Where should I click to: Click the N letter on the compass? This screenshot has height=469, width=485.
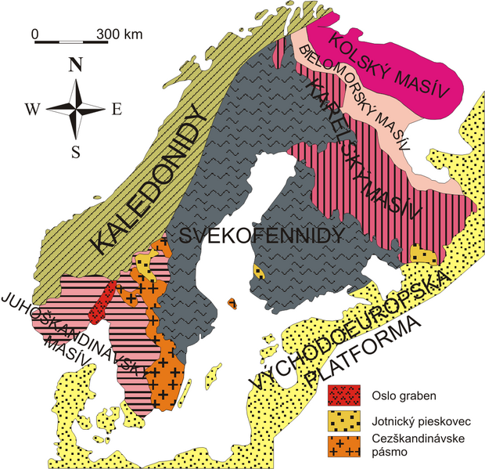tap(77, 67)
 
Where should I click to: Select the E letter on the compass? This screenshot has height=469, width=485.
tap(117, 110)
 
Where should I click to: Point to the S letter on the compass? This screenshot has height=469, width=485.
tap(76, 153)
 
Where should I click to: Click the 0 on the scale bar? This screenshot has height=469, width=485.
tap(35, 34)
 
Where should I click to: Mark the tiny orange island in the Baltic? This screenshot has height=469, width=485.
tap(232, 303)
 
